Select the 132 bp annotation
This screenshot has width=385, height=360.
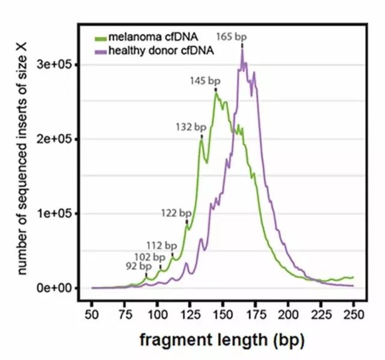click(x=189, y=127)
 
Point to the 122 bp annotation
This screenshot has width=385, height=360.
click(x=176, y=213)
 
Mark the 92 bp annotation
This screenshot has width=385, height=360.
click(x=138, y=265)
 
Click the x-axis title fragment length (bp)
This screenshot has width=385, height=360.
click(x=222, y=340)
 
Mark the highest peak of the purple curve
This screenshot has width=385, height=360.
click(x=242, y=51)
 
